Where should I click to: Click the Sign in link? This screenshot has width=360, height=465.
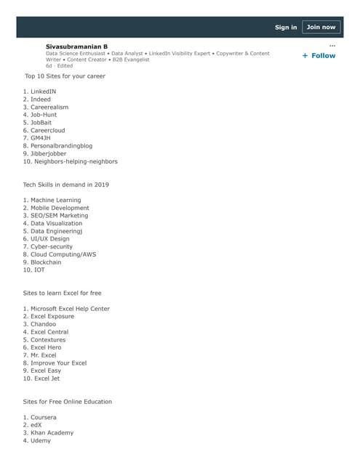[x=286, y=28]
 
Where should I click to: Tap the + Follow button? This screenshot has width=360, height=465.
[x=319, y=55]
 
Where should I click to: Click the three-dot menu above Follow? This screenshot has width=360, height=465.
[x=332, y=45]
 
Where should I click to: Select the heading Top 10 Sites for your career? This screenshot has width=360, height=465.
[x=65, y=76]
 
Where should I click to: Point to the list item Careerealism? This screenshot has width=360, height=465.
[x=49, y=107]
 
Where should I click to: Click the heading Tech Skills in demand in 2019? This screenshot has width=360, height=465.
[x=66, y=185]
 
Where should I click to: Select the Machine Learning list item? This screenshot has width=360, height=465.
[x=55, y=200]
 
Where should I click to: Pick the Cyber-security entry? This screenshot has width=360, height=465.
[x=52, y=246]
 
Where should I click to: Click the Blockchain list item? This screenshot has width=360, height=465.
[x=46, y=262]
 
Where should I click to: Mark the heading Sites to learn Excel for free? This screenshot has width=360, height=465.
[x=63, y=293]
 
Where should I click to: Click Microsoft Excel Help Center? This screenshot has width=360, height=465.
[x=70, y=309]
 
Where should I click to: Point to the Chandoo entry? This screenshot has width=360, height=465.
[x=44, y=324]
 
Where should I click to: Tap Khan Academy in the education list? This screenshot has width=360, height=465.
[x=52, y=432]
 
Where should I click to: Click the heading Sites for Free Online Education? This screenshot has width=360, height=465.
[x=68, y=401]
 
